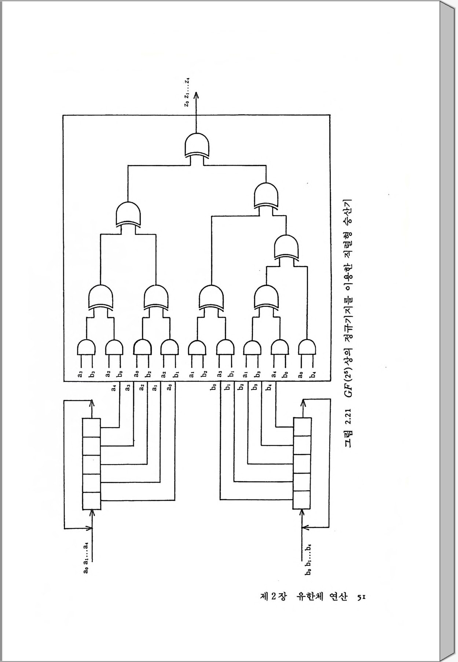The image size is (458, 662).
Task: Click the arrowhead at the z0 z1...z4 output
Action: (196, 95)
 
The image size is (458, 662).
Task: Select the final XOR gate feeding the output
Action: (197, 146)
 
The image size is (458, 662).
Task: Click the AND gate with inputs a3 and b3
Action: (87, 347)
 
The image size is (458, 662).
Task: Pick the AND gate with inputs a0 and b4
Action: (307, 347)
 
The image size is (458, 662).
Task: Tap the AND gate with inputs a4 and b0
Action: (280, 347)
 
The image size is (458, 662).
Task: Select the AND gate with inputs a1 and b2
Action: (197, 347)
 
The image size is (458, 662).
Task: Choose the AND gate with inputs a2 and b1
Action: (169, 347)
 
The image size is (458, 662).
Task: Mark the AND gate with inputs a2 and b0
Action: (114, 347)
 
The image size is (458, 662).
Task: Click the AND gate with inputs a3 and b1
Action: (225, 347)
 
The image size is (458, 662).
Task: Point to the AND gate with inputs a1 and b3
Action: (252, 347)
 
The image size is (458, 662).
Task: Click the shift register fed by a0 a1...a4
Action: (91, 464)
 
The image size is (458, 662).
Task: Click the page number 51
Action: (362, 597)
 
